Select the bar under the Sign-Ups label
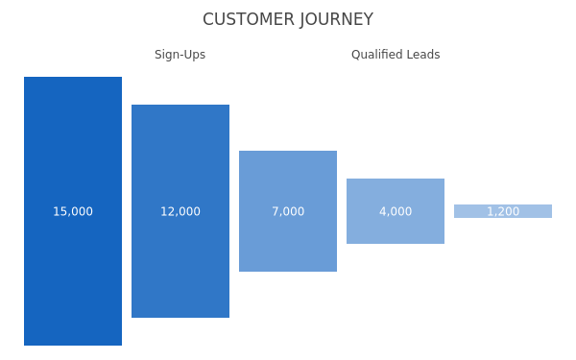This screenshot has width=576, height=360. tap(180, 211)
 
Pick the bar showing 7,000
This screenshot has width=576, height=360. tap(288, 211)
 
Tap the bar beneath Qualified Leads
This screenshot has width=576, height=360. tap(396, 211)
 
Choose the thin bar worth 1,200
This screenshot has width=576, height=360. tap(503, 211)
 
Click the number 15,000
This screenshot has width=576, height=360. tap(73, 211)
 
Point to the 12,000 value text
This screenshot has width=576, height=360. tap(180, 211)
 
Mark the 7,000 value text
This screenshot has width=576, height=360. tap(288, 211)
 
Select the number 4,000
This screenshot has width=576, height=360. tap(396, 211)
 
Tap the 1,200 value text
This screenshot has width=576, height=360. tap(503, 211)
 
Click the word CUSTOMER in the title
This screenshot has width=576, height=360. tap(249, 19)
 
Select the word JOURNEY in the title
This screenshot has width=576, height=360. tap(337, 20)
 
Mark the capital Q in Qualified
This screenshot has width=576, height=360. tap(356, 55)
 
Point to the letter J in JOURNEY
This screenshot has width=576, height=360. tap(302, 20)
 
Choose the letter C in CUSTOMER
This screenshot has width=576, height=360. tap(208, 19)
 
